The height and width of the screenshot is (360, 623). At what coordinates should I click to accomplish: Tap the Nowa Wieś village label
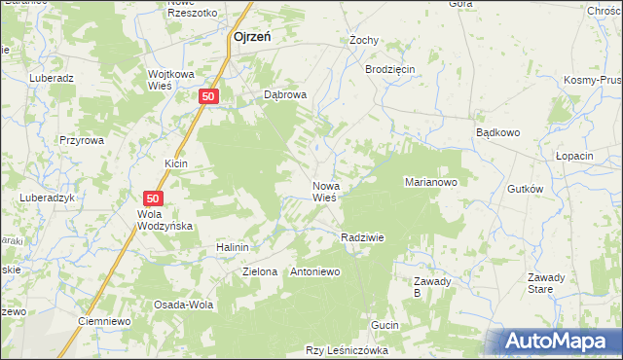pos(325,191)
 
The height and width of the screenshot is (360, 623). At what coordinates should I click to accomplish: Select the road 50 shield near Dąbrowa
pos(209,95)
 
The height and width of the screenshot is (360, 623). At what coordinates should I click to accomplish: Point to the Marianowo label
pos(430,182)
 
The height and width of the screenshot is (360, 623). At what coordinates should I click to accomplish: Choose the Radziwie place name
pos(362,237)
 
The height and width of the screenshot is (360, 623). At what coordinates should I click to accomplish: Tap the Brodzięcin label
pos(389,70)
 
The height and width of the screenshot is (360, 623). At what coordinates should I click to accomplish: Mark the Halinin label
pos(234,248)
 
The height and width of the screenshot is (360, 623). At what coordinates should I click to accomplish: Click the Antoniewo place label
pos(315,271)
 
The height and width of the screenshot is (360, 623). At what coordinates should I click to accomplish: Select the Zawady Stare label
pos(540,283)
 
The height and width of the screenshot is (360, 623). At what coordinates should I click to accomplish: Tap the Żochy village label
pos(363,41)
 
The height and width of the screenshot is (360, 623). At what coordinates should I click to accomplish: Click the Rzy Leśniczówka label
pos(348,350)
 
